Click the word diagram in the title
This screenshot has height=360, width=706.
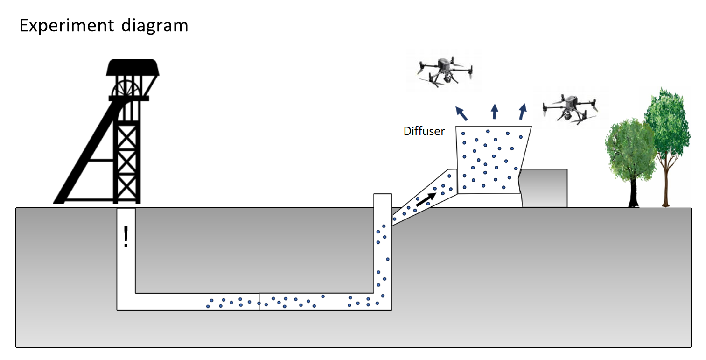point(154,26)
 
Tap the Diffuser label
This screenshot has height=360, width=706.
point(424,132)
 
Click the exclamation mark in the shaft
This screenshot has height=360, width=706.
point(126,236)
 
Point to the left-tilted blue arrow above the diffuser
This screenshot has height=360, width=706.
point(462,113)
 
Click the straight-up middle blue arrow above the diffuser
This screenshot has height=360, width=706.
point(494,111)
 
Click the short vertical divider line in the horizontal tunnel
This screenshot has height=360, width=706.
point(259,301)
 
